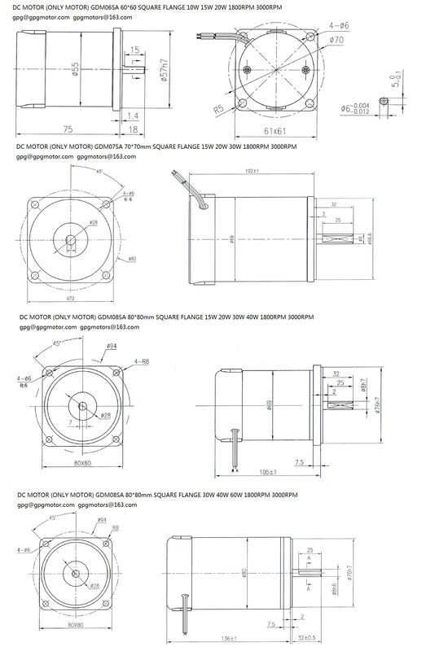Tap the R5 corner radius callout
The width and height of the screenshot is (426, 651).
tap(219, 107)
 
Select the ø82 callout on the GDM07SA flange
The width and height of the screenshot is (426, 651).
tap(131, 258)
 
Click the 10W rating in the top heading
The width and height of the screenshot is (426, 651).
tap(190, 7)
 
